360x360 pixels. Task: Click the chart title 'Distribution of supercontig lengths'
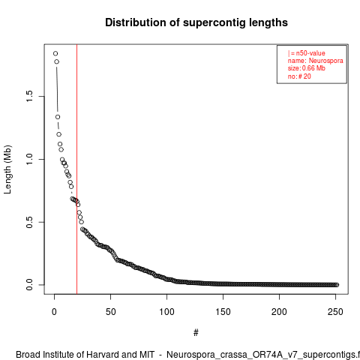196,22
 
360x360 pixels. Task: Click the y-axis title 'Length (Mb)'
8,169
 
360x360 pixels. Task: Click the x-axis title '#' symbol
196,332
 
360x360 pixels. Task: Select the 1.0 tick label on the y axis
29,159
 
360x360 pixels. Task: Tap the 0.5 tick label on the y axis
29,222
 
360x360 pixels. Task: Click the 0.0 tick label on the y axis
29,285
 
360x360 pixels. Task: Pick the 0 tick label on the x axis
54,312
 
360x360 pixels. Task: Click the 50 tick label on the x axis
110,312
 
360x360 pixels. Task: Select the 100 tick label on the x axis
166,312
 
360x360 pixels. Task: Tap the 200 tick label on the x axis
279,312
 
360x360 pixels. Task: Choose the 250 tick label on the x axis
335,312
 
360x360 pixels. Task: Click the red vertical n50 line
76,169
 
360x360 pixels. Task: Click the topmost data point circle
55,53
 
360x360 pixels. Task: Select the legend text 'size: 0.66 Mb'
307,68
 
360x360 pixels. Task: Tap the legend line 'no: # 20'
299,76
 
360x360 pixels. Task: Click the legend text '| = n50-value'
307,53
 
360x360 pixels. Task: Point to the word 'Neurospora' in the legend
326,61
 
